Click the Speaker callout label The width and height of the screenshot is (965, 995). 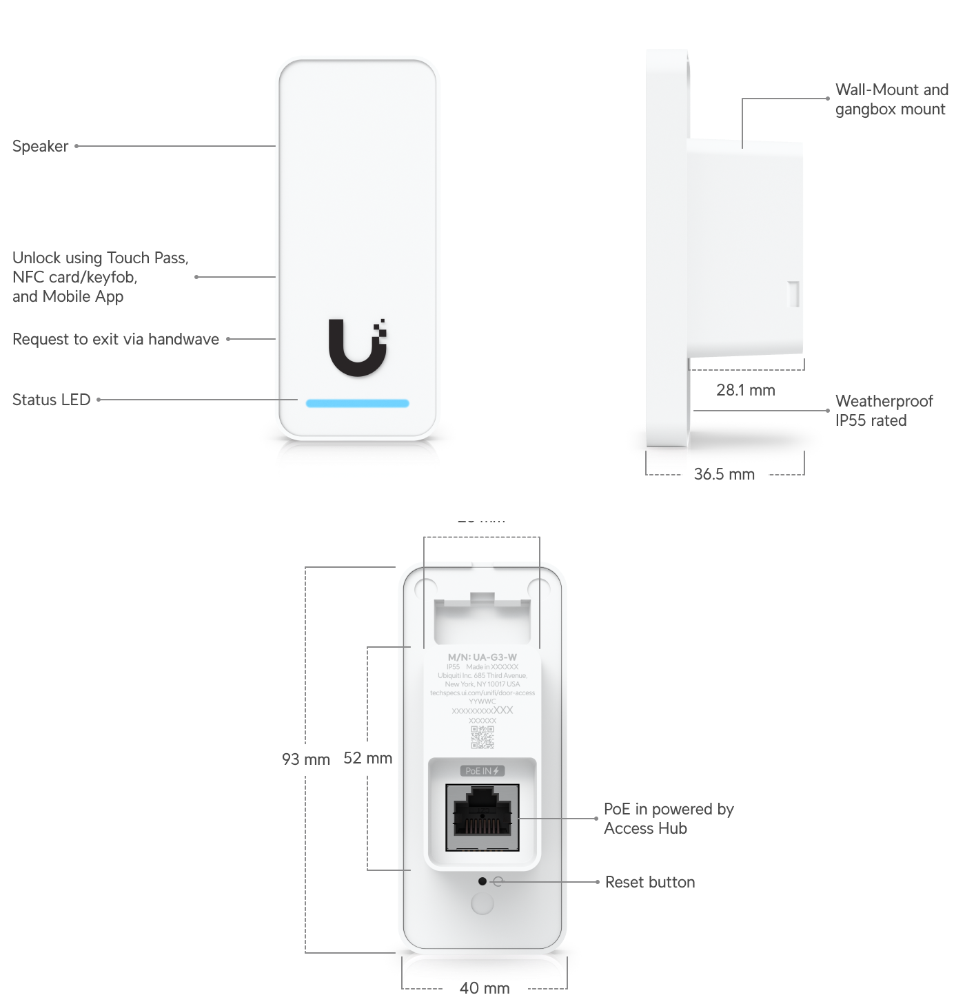[41, 146]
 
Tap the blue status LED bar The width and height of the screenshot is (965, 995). [357, 403]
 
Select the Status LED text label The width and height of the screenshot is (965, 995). [52, 400]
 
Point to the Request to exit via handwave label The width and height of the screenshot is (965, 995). [116, 339]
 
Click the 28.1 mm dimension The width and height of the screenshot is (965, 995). [745, 390]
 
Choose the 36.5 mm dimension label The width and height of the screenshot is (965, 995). [724, 474]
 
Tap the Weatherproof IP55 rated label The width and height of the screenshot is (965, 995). [884, 411]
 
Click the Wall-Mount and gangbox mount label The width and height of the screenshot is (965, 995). [891, 99]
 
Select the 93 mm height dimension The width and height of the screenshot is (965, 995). [305, 759]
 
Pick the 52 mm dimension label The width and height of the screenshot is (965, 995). [367, 758]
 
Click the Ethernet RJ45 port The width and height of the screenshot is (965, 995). [482, 817]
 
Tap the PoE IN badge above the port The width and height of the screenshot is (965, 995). [482, 771]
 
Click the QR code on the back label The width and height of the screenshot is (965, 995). [482, 737]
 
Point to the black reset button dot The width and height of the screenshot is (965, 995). [482, 881]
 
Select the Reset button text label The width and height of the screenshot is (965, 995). [649, 882]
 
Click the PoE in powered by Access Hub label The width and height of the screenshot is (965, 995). [668, 819]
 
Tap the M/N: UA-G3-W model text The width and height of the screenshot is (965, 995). [482, 657]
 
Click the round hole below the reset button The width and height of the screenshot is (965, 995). [482, 903]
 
